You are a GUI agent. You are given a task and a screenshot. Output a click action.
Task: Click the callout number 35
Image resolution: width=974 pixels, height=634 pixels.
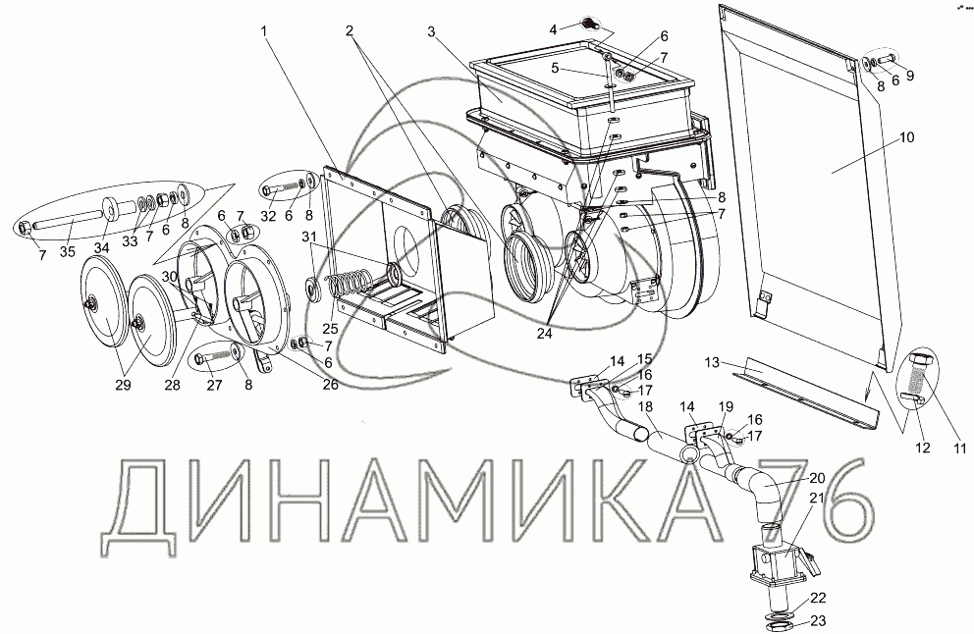tap(68, 251)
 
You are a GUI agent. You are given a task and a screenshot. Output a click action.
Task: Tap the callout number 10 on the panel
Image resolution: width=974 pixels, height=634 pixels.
tap(907, 137)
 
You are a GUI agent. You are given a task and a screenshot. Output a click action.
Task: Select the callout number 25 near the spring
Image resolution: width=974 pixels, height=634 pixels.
tap(331, 327)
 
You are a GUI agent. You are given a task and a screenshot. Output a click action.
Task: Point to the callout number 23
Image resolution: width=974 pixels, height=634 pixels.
tap(818, 620)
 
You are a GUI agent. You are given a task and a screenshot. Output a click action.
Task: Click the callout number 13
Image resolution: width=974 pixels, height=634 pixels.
tap(713, 362)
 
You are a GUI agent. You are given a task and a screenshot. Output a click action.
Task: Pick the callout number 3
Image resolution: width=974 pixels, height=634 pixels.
tap(432, 32)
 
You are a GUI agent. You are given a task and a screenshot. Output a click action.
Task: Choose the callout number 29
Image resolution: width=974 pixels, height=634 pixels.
tap(123, 385)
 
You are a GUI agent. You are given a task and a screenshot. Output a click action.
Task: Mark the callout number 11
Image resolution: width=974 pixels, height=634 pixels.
tap(960, 447)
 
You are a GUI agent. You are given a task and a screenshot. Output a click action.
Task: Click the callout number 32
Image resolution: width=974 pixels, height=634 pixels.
tap(268, 216)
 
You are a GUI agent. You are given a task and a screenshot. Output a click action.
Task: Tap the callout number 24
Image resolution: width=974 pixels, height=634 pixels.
tap(544, 334)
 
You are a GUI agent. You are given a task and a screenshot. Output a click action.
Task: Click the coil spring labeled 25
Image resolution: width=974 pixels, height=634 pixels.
tap(351, 285)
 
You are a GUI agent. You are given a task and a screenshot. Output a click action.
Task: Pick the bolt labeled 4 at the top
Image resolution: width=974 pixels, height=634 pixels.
tap(588, 25)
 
